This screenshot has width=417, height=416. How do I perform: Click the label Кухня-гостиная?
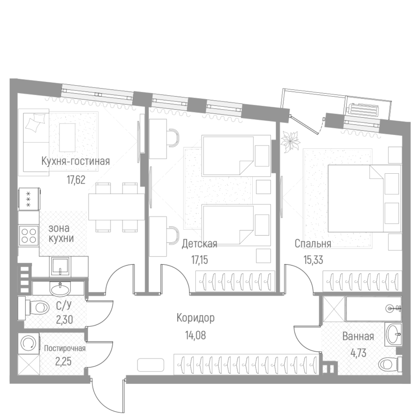[76, 161]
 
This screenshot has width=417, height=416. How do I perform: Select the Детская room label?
[199, 244]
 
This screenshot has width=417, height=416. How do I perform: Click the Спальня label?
[313, 244]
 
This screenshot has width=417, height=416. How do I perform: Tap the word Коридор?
[195, 317]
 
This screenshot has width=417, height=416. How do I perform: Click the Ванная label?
[358, 336]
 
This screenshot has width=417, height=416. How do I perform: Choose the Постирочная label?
[65, 348]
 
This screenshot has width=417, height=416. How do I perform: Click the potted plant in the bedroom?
[290, 141]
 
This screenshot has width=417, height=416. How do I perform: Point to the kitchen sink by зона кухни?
[60, 265]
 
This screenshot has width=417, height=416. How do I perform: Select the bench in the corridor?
[150, 365]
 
